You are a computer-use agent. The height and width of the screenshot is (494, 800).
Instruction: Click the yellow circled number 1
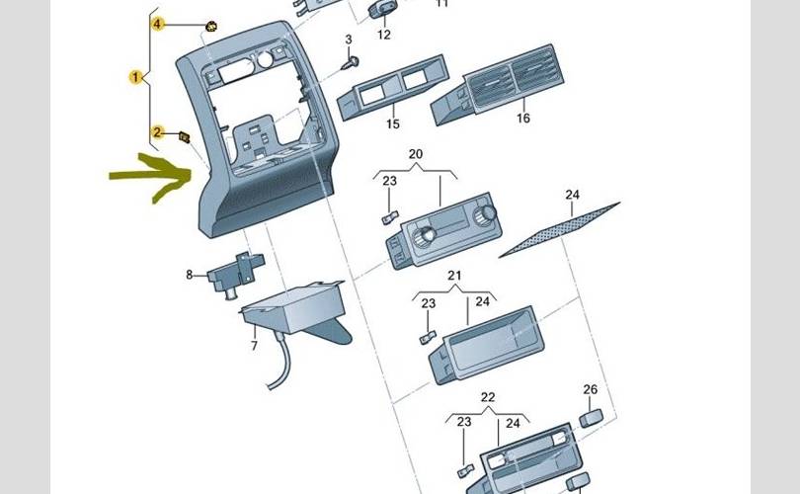[x=134, y=76]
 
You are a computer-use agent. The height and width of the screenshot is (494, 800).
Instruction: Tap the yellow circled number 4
[x=157, y=23]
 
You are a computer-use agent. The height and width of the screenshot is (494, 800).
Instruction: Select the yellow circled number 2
[x=156, y=131]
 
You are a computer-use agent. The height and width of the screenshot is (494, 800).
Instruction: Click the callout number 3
[x=348, y=39]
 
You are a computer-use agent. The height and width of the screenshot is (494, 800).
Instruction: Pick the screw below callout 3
[x=351, y=62]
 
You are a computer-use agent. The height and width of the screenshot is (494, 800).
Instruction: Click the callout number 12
[x=384, y=35]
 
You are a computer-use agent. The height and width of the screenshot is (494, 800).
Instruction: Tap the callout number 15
[x=392, y=124]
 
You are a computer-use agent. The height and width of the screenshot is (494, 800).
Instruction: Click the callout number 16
[x=522, y=118]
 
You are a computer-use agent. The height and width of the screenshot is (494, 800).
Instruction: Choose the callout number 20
[x=415, y=155]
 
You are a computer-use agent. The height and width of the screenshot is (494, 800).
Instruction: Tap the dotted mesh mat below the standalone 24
[x=559, y=230]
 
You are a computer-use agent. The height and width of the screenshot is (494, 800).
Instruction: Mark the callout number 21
[x=454, y=275]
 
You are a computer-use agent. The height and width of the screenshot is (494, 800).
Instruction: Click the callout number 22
[x=487, y=397]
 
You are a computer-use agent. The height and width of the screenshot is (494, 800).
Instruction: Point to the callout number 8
[x=190, y=275]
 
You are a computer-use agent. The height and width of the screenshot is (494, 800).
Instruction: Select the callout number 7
[x=254, y=346]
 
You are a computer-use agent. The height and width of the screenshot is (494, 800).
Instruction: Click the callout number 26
[x=590, y=389]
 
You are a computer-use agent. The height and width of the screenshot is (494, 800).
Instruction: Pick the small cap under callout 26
[x=590, y=417]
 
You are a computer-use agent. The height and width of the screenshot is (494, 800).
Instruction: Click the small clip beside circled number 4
[x=210, y=25]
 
